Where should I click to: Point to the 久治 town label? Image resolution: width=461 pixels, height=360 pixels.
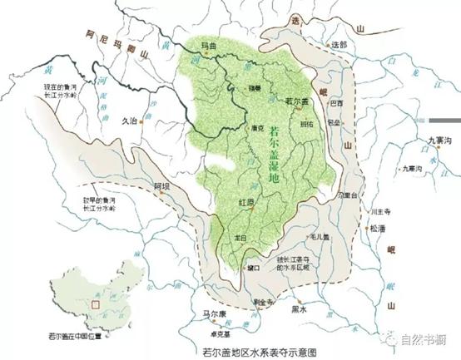click(x=128, y=121)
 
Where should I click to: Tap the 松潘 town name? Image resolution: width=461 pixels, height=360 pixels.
click(x=378, y=228)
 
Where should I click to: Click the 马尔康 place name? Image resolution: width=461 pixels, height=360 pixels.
click(x=205, y=313)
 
